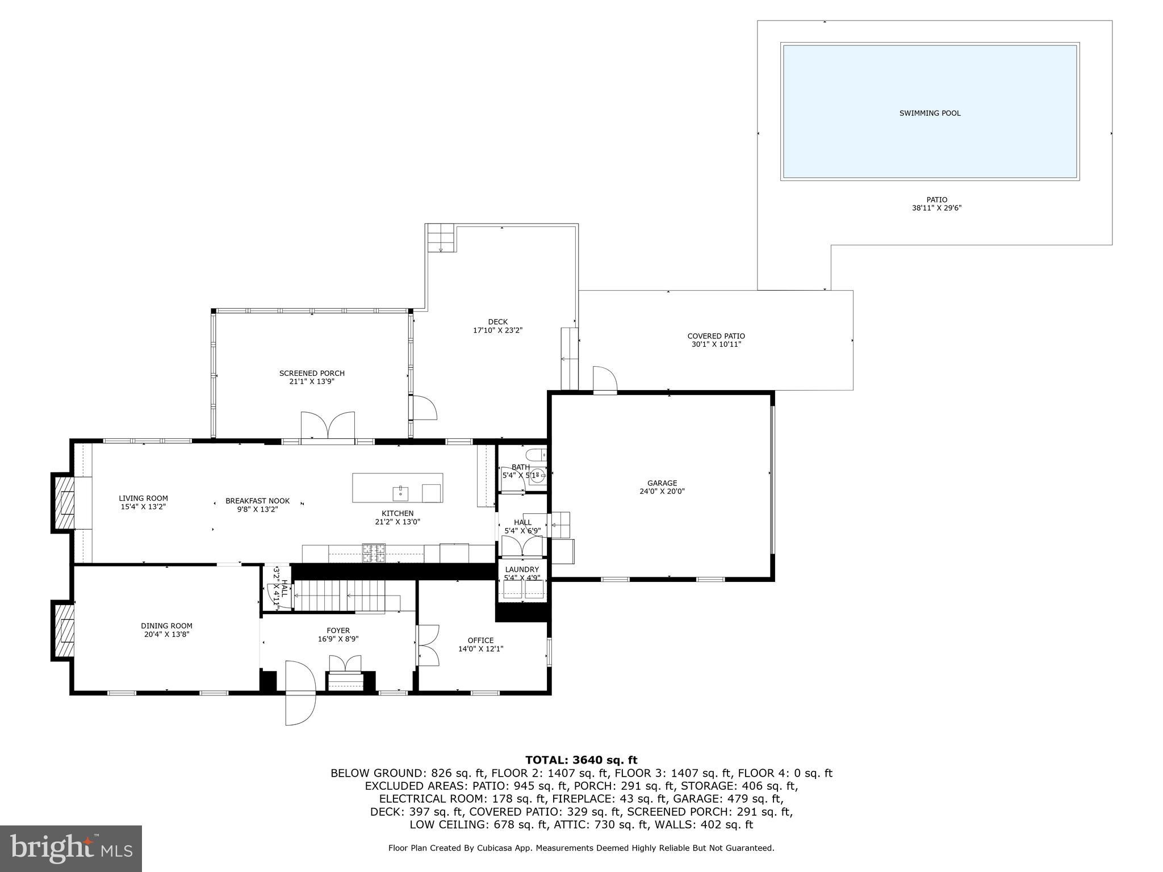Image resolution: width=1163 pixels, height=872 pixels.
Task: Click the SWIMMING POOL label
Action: point(930,114)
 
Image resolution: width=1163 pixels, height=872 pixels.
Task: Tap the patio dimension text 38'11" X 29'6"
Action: point(936,208)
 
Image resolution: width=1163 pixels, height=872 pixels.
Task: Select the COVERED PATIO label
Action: point(716,336)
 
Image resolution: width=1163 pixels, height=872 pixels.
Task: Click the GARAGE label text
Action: point(662,483)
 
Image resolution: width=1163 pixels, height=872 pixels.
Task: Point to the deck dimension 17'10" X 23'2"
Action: point(497,330)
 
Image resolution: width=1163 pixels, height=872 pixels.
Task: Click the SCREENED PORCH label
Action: point(312,373)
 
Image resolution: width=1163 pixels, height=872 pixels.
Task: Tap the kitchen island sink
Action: point(401,492)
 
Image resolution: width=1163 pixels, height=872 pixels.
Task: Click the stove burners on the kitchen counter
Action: point(374,552)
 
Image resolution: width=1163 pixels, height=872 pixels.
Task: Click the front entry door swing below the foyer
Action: point(300,693)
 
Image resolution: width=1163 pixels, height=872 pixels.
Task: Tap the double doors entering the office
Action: point(428,645)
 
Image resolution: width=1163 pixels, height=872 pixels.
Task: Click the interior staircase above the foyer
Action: point(346,595)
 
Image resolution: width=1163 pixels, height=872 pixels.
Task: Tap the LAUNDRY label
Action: point(521,569)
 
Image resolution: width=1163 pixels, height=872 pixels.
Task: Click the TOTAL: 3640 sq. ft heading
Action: point(581,760)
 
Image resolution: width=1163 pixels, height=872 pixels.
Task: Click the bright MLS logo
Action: point(71,848)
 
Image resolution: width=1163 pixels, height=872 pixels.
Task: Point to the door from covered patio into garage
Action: point(605,380)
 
